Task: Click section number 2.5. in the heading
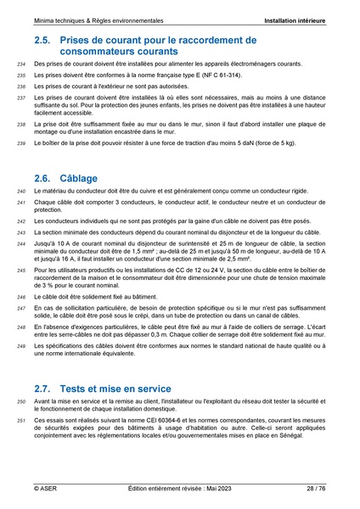pyautogui.click(x=44, y=39)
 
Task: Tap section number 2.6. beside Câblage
pyautogui.click(x=44, y=178)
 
